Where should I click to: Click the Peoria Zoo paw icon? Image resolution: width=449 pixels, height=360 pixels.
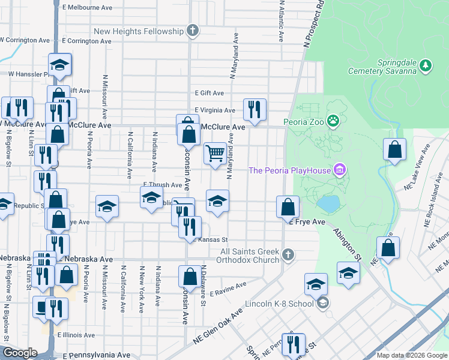(x=333, y=121)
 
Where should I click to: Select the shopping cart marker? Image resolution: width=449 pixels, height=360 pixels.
(x=215, y=153)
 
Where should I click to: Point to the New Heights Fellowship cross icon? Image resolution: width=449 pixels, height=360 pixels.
(x=193, y=31)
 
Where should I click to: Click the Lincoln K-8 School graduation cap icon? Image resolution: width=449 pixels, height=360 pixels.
(x=323, y=303)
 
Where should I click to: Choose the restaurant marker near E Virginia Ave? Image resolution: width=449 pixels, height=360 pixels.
(x=255, y=109)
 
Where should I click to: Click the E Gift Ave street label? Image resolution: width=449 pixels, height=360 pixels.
(x=209, y=93)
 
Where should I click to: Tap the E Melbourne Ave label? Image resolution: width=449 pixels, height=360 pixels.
(x=87, y=8)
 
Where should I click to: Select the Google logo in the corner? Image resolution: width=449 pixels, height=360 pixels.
(x=20, y=353)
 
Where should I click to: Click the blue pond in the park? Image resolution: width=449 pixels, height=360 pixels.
(x=328, y=204)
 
